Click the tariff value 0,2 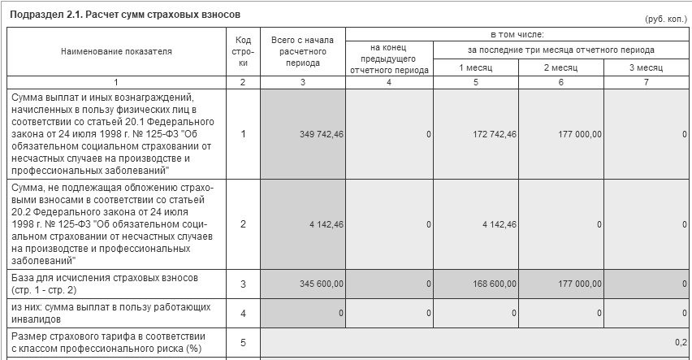(681, 342)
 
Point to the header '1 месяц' (476, 67)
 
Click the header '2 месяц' (561, 67)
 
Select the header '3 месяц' (647, 67)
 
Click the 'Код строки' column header (243, 51)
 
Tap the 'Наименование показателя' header (116, 51)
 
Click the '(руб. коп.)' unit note (665, 18)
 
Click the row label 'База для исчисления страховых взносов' (104, 284)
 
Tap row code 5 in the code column (243, 342)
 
